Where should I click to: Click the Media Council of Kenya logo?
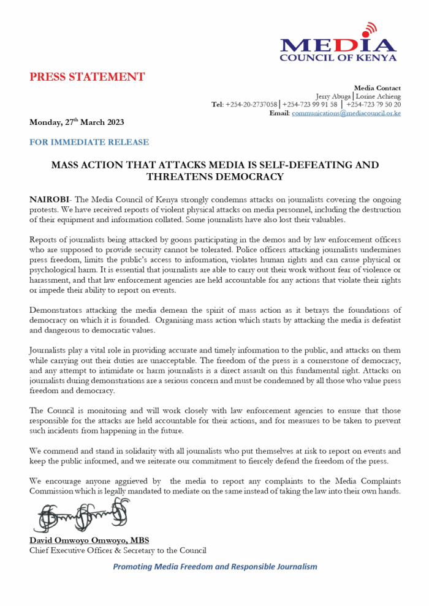(x=338, y=47)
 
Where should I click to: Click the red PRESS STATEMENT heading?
(x=87, y=77)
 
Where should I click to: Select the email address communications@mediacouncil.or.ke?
(x=346, y=113)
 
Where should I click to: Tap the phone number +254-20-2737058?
(x=252, y=105)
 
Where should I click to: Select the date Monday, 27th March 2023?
(x=77, y=122)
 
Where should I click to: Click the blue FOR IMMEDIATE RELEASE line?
(x=89, y=142)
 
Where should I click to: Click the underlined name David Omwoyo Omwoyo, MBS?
(x=89, y=541)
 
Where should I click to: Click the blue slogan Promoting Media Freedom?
(x=214, y=566)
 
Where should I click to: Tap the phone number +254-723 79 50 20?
(x=373, y=105)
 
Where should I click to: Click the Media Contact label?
(x=378, y=88)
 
